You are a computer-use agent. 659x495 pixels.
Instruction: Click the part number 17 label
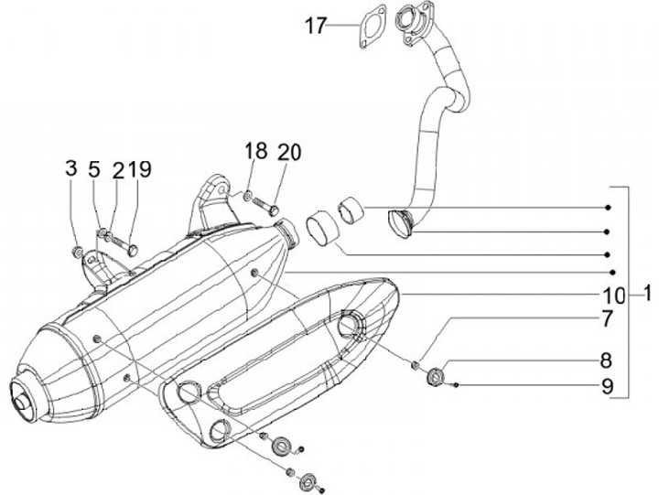(315, 27)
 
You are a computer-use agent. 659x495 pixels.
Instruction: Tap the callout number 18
(255, 152)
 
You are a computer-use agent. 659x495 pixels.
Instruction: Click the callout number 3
(71, 168)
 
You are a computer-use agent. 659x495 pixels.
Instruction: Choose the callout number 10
(614, 296)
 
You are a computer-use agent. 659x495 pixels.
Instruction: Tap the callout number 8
(606, 360)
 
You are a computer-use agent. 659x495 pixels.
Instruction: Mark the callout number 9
(606, 386)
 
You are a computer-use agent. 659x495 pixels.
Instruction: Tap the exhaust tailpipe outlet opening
(16, 399)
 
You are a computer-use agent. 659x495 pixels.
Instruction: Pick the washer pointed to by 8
(436, 373)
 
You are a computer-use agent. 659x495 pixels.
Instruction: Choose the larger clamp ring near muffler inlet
(321, 230)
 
